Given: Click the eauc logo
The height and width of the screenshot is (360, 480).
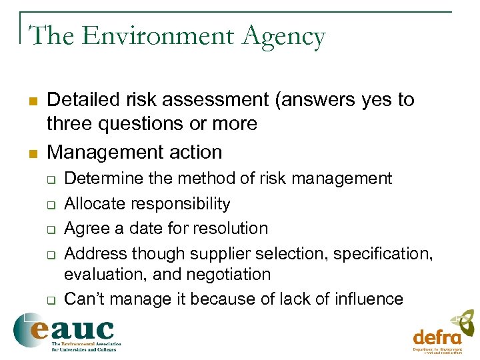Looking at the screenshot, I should (x=64, y=331).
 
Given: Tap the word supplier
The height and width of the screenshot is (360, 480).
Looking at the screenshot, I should (x=218, y=254).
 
